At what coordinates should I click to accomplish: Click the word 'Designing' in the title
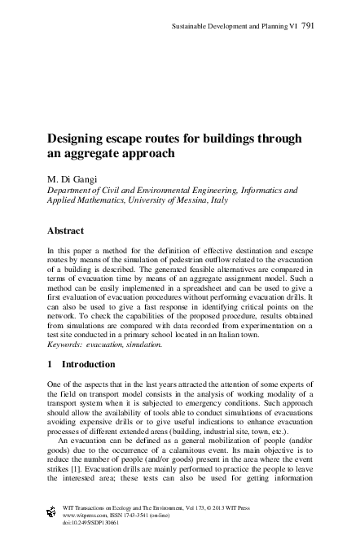(x=80, y=137)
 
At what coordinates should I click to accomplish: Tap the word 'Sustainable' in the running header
(x=191, y=27)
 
